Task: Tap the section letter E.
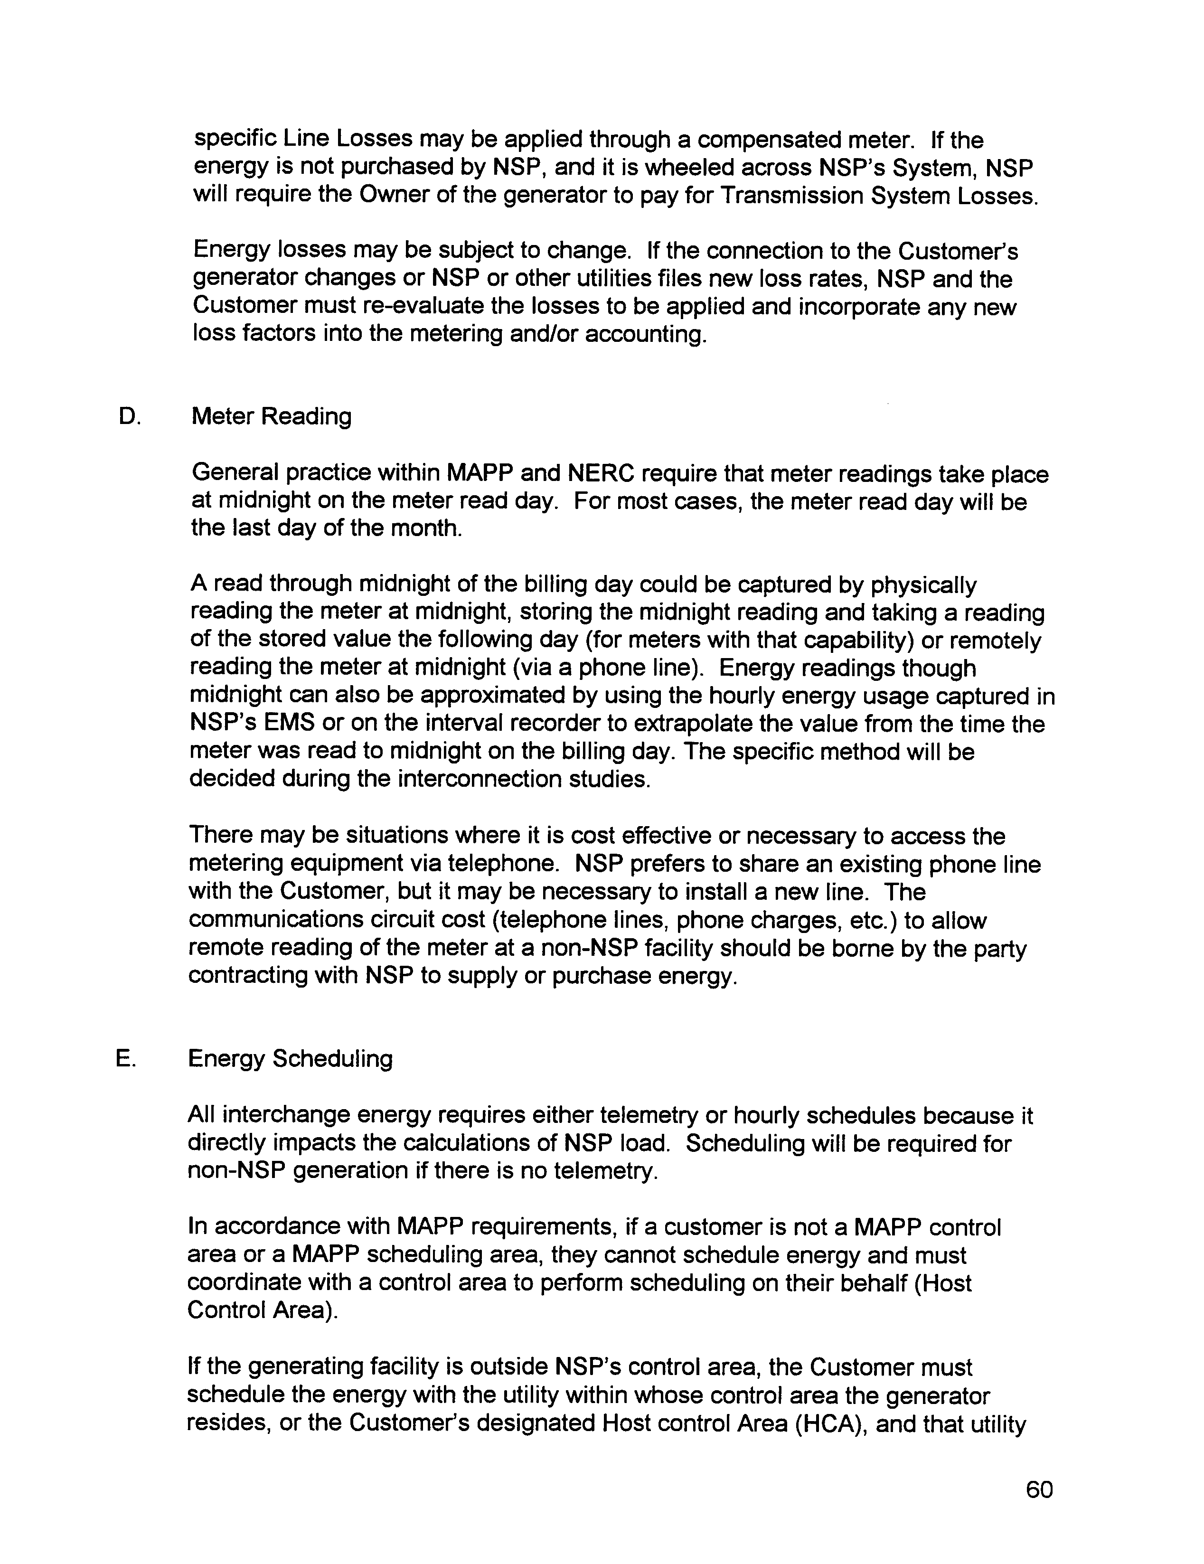[125, 1058]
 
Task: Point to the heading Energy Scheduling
[290, 1058]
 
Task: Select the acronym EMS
[289, 724]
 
